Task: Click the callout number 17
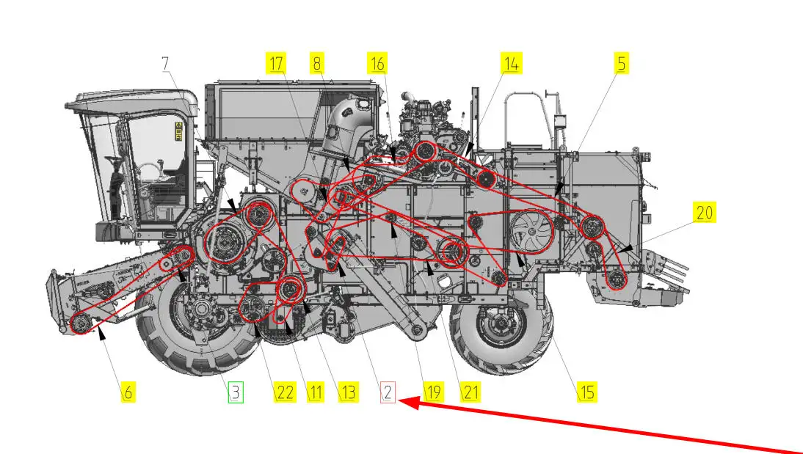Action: coord(276,64)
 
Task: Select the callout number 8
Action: coord(318,64)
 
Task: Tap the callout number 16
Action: coord(377,64)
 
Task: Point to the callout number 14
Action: coord(512,64)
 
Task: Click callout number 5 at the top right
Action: coord(621,64)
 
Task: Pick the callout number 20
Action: coord(705,213)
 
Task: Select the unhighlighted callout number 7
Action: coord(165,64)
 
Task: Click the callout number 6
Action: coord(128,392)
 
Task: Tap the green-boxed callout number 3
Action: coord(236,392)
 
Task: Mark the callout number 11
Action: coord(316,392)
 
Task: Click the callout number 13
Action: coord(348,392)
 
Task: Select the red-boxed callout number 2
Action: coord(388,392)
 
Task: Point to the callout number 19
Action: coord(433,392)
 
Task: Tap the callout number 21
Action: coord(470,392)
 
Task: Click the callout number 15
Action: coord(587,392)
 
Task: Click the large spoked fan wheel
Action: coord(532,232)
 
